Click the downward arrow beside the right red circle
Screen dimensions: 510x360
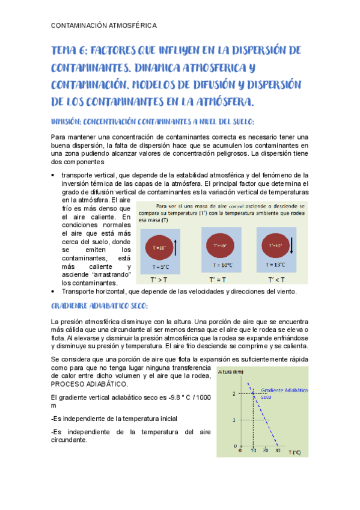click(292, 245)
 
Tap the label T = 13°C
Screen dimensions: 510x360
click(276, 265)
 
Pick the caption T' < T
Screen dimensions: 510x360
click(276, 280)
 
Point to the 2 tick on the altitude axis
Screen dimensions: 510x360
click(235, 393)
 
